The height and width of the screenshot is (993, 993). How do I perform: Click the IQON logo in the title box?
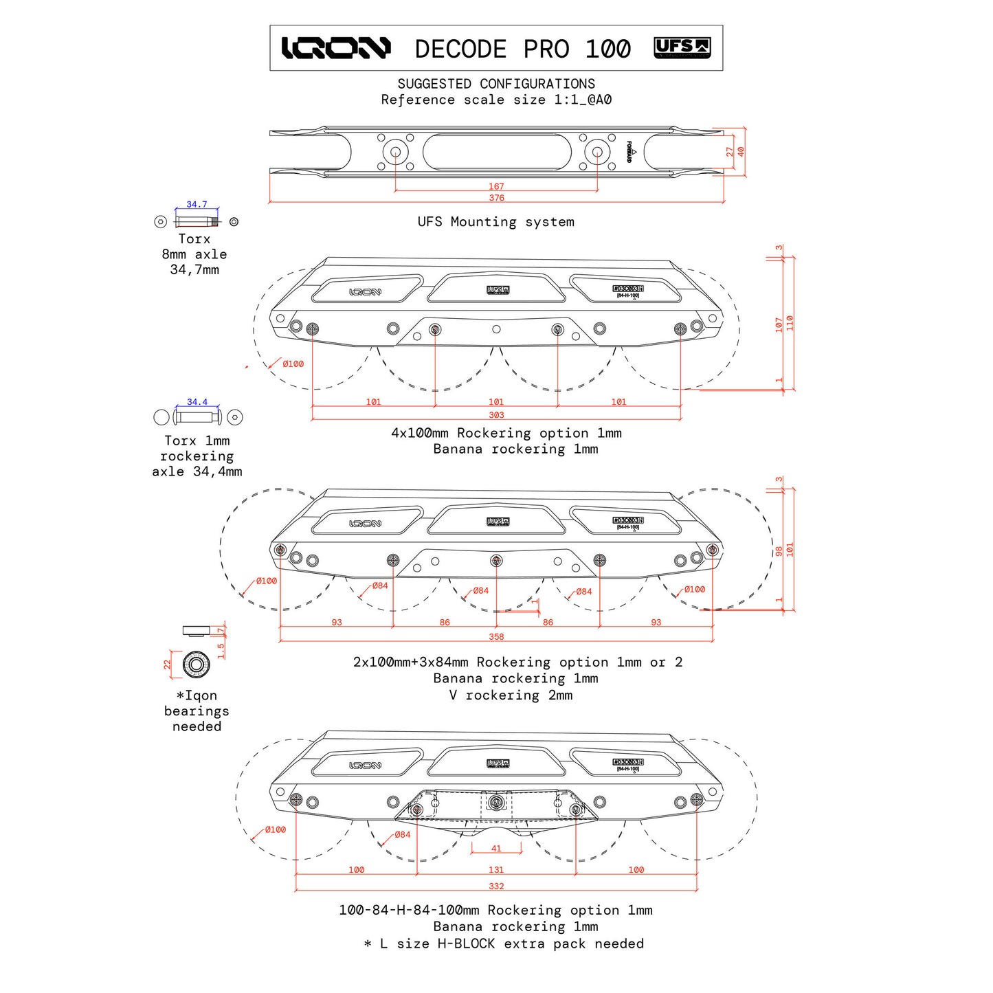tap(336, 48)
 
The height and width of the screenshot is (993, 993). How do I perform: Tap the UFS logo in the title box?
tap(682, 48)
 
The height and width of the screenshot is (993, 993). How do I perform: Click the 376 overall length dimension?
tap(496, 198)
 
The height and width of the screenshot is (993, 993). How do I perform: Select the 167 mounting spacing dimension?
tap(496, 186)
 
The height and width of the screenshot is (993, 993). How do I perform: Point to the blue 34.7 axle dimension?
tap(197, 205)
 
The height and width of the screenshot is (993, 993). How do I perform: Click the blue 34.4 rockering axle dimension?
tap(197, 402)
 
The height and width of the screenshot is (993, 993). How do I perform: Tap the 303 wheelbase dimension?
tap(496, 415)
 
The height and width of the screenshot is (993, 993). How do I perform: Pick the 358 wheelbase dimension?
tap(496, 637)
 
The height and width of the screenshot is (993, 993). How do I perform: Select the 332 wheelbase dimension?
tap(496, 886)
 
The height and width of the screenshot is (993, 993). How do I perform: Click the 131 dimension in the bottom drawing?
tap(496, 870)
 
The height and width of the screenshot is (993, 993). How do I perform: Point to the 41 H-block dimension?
tap(496, 849)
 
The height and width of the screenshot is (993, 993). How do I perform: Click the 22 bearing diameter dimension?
tap(167, 665)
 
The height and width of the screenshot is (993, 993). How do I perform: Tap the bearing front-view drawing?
tap(196, 665)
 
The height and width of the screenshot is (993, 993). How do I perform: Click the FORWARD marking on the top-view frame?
tap(629, 152)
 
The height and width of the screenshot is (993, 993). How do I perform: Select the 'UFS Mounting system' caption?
tap(496, 222)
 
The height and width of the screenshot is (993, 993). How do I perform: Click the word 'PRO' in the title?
tap(546, 49)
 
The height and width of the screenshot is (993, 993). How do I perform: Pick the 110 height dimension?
tap(790, 323)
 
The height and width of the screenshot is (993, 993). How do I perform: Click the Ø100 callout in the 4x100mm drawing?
tap(293, 364)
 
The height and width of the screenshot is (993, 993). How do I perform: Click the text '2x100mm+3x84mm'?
tap(410, 662)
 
